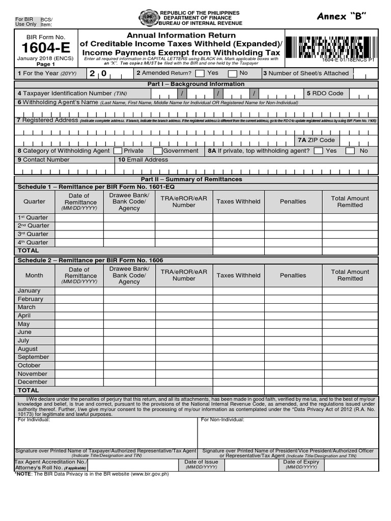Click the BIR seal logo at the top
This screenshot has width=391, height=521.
tap(149, 18)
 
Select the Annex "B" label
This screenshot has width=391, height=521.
tap(341, 16)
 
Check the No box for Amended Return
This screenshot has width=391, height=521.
tap(232, 74)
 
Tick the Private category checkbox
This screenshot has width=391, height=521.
tap(118, 151)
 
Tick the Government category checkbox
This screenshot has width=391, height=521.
tap(158, 151)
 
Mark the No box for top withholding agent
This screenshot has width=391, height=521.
tap(350, 151)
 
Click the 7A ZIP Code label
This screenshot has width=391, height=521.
tap(316, 140)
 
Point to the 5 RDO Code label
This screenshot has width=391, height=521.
tap(325, 94)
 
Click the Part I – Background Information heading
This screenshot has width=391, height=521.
tap(195, 84)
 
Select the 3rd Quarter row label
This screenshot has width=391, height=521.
tap(34, 234)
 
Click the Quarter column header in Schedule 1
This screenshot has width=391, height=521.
tap(34, 201)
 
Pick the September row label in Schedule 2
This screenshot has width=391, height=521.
tap(34, 357)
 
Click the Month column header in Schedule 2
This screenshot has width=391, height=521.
tap(34, 275)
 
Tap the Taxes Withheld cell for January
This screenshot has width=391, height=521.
tap(238, 291)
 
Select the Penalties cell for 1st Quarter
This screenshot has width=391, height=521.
tap(293, 218)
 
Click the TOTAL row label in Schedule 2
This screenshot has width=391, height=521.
tap(29, 390)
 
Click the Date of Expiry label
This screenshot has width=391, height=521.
tap(301, 462)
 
